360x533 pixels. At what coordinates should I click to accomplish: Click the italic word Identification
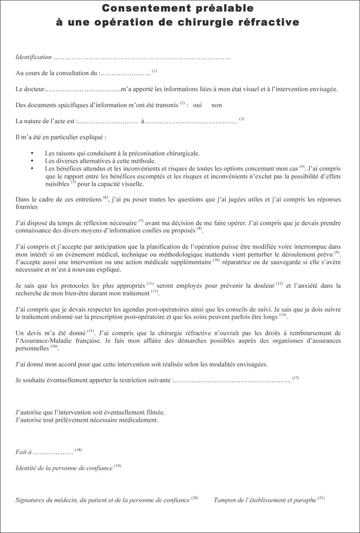33,57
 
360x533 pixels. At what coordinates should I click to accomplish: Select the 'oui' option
197,105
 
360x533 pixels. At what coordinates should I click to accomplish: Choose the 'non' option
216,105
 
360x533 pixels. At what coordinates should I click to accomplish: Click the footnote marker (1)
155,71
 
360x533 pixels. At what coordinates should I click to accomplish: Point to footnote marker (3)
242,119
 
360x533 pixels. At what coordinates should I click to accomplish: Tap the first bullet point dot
32,153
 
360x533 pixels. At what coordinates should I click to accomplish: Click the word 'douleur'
264,285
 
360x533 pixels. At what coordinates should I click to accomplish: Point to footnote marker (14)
283,315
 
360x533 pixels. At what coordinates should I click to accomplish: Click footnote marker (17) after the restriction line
295,378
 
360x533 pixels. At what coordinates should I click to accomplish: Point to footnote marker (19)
118,466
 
